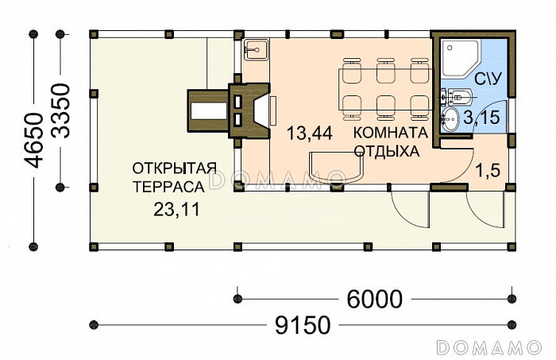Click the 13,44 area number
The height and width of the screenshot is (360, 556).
coord(310,134)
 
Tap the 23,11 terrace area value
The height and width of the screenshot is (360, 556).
coord(177,210)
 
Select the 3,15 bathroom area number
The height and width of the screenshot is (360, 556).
coord(482,118)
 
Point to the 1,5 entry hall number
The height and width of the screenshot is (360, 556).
coord(488,171)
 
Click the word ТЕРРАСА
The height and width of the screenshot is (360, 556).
coord(168,187)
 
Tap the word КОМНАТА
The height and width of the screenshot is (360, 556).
coord(391,133)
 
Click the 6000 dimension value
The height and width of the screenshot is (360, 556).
coord(374,299)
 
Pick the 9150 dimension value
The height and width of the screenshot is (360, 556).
coord(303,325)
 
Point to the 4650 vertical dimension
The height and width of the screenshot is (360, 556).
coord(33,141)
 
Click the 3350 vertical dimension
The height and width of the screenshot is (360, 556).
coord(60,110)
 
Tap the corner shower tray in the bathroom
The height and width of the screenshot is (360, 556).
coord(461,58)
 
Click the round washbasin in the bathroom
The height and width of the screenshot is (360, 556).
coord(450,119)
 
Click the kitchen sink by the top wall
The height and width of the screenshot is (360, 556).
coord(255,49)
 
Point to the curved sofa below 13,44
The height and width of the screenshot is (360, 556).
coord(337,166)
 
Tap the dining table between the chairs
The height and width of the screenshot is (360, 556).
coord(386,89)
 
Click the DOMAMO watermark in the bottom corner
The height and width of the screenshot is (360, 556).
coord(489,346)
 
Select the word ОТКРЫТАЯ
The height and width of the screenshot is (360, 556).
coord(174,168)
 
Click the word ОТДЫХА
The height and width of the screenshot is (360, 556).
coord(387,152)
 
